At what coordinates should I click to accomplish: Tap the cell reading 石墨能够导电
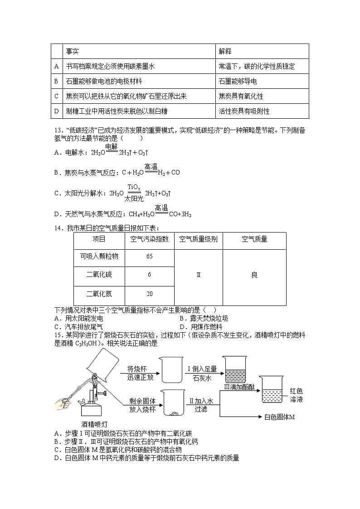[x=238, y=81]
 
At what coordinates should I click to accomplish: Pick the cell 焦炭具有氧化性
[x=240, y=96]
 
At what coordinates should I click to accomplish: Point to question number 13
[x=58, y=131]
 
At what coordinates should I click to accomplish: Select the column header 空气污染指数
[x=150, y=239]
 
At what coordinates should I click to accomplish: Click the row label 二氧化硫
[x=99, y=275]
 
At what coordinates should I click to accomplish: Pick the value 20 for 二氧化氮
[x=150, y=294]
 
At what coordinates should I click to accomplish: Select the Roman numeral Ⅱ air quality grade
[x=199, y=275]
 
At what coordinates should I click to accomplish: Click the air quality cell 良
[x=254, y=275]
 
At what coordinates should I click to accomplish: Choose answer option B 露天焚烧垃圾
[x=204, y=318]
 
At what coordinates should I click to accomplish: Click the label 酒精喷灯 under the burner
[x=94, y=424]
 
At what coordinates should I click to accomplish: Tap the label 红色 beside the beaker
[x=296, y=391]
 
